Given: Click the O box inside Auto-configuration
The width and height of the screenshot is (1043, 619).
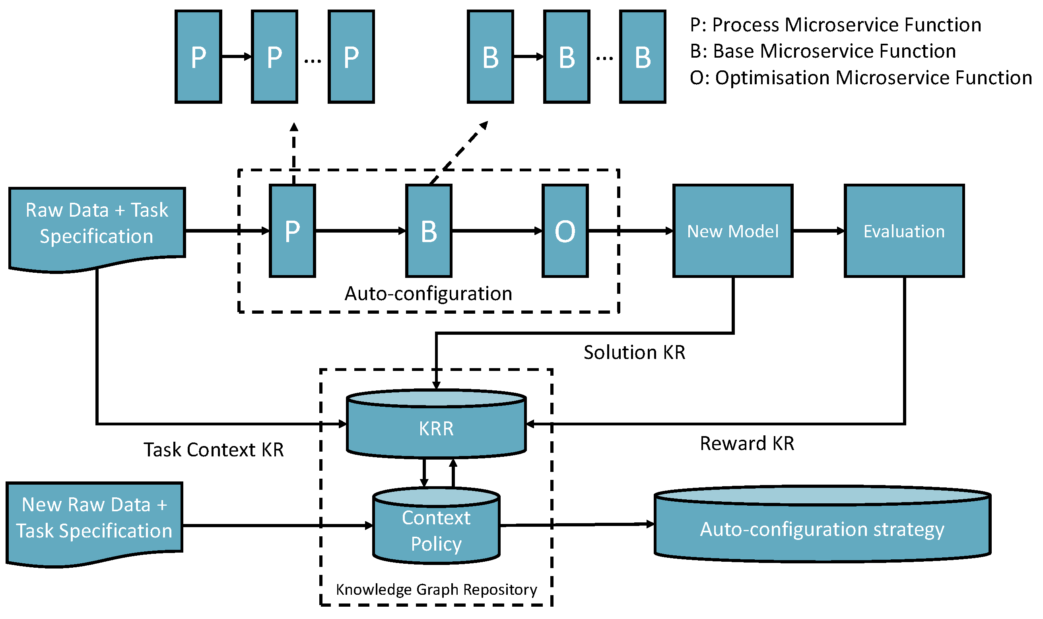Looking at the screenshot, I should pyautogui.click(x=565, y=231).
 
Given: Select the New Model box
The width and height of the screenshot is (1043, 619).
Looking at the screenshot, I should pyautogui.click(x=732, y=231).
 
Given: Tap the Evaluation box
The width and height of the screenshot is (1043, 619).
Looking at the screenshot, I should pyautogui.click(x=904, y=231).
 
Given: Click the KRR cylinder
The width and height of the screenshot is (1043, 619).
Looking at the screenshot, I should pyautogui.click(x=436, y=429).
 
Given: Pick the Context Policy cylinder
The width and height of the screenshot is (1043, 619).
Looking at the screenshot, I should pyautogui.click(x=436, y=531).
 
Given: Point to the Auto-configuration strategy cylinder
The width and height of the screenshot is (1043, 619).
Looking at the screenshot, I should pyautogui.click(x=822, y=529).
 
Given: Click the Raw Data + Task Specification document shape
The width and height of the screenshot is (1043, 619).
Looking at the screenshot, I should pyautogui.click(x=97, y=225).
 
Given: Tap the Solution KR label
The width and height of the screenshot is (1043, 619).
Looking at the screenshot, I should pyautogui.click(x=634, y=353).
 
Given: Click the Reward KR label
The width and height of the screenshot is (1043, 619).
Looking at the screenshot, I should pyautogui.click(x=747, y=443).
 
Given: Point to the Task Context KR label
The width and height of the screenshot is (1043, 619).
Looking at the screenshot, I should pyautogui.click(x=214, y=450).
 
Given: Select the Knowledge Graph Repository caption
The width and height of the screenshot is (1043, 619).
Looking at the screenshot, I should pyautogui.click(x=436, y=590).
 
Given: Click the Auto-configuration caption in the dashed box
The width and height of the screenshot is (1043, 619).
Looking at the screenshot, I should pyautogui.click(x=428, y=294).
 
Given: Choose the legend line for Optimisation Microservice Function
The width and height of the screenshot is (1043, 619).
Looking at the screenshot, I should pyautogui.click(x=860, y=78).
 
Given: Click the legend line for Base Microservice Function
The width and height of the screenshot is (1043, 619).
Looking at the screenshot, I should pyautogui.click(x=823, y=51).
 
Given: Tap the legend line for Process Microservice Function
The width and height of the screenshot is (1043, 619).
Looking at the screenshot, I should pyautogui.click(x=835, y=25).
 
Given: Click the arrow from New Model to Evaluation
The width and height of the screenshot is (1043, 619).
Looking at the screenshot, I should pyautogui.click(x=818, y=231).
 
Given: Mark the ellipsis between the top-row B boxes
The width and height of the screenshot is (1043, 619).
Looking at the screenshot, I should pyautogui.click(x=604, y=58).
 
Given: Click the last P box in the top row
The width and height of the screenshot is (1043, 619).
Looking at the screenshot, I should pyautogui.click(x=351, y=57).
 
